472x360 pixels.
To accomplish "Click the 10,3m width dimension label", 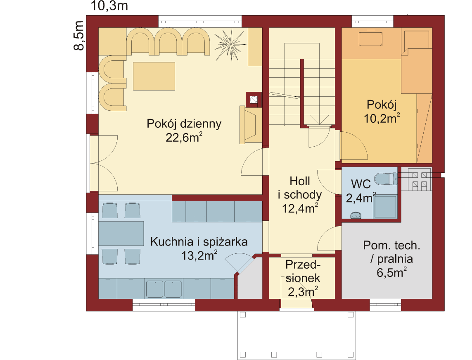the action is (109, 6).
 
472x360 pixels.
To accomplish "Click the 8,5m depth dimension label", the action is (78, 36).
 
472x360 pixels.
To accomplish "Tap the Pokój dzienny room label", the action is (184, 124).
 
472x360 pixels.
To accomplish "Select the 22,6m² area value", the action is (184, 137).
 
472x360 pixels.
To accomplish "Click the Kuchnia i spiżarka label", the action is (199, 242).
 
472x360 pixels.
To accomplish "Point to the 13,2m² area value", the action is (199, 255).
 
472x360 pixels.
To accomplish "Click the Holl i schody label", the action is (300, 188).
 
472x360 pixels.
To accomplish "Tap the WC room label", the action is (361, 184).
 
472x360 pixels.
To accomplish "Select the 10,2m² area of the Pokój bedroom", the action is (382, 118).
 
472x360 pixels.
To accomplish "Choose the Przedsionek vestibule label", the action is (303, 271).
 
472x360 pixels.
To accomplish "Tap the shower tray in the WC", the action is (385, 207).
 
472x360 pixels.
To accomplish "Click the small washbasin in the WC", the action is (356, 215).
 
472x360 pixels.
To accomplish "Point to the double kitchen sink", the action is (164, 289).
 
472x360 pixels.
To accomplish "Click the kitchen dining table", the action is (121, 234).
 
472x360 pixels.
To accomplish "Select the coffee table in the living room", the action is (154, 76).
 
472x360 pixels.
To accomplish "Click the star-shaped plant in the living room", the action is (230, 45).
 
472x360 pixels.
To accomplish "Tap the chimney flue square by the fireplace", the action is (254, 100).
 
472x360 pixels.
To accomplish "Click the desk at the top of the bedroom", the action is (370, 39).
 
